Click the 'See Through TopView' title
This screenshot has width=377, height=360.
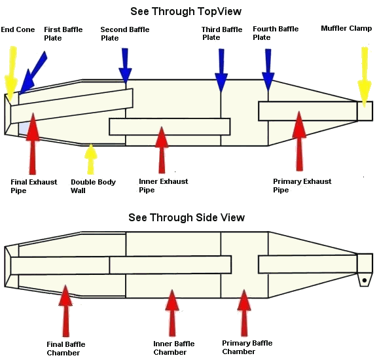(x=186, y=12)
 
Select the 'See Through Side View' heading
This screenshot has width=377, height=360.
(x=187, y=217)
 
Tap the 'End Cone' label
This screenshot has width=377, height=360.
(x=18, y=29)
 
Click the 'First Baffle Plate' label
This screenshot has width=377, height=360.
(x=63, y=33)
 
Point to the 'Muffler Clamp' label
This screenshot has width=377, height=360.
(x=346, y=28)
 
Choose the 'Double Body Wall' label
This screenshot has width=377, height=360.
(x=93, y=186)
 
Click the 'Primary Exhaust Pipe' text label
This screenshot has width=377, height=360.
(x=302, y=185)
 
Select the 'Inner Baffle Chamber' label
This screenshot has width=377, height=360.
(x=174, y=348)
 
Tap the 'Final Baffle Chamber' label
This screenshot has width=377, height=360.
(x=66, y=348)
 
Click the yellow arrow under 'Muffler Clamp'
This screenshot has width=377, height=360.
(x=365, y=77)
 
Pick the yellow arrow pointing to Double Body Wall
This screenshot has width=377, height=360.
(x=90, y=159)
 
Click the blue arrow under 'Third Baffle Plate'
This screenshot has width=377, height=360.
(x=221, y=71)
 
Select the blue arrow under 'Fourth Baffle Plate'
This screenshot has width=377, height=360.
(x=268, y=70)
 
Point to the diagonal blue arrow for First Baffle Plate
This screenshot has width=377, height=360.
(x=33, y=73)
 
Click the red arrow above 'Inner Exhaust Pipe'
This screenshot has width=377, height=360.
(x=162, y=150)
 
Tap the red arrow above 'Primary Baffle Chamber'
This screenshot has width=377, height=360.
(x=244, y=313)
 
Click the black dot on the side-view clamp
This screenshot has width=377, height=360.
(x=365, y=280)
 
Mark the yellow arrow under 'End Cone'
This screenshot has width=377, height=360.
(x=11, y=74)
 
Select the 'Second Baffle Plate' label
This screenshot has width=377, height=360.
(x=125, y=33)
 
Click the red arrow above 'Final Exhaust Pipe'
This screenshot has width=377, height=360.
(x=33, y=143)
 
